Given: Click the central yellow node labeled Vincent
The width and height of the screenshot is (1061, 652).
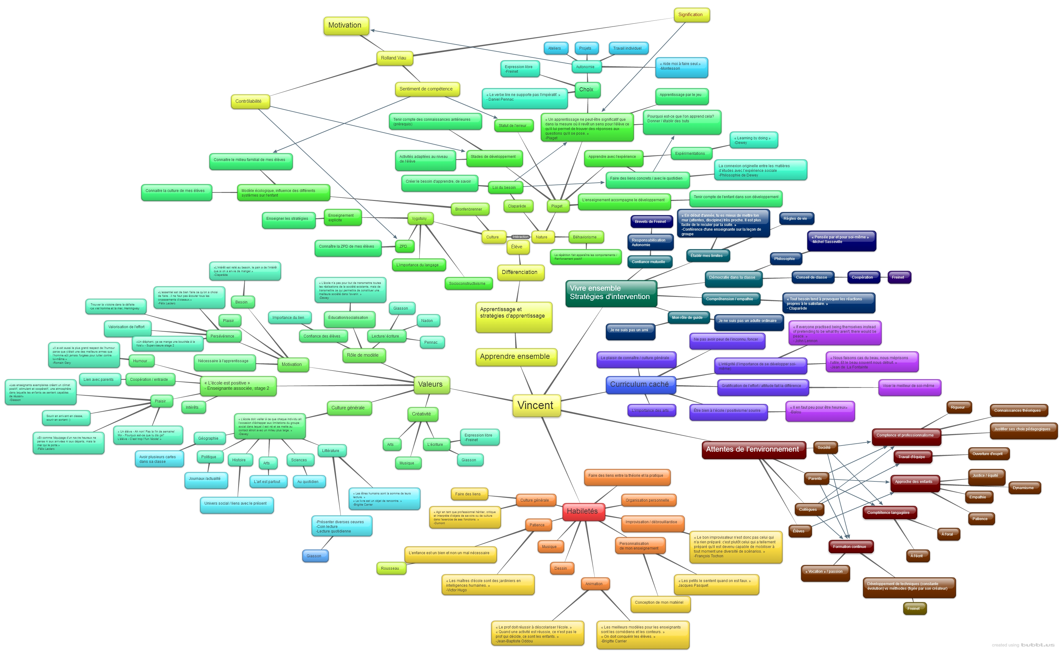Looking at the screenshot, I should click(536, 405).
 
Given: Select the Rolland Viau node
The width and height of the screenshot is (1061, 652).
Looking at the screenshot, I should click(393, 58).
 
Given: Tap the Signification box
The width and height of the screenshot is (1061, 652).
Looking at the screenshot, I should click(691, 15).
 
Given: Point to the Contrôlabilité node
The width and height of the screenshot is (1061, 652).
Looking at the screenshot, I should click(248, 101).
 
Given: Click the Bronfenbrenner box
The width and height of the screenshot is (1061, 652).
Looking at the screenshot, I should click(469, 209).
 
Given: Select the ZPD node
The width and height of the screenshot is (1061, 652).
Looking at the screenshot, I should click(403, 246).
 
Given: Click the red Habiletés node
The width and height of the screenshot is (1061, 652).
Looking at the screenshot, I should click(582, 511).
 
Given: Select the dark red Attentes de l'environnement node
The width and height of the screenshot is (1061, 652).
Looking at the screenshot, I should click(752, 449).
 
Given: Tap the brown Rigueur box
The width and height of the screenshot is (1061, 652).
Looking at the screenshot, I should click(958, 407).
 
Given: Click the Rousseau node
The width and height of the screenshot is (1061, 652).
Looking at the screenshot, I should click(390, 568).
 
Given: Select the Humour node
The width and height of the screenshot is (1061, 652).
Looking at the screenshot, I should click(140, 361).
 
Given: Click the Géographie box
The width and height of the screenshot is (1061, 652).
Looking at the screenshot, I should click(208, 438).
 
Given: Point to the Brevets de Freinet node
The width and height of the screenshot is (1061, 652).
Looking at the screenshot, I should click(650, 222).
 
